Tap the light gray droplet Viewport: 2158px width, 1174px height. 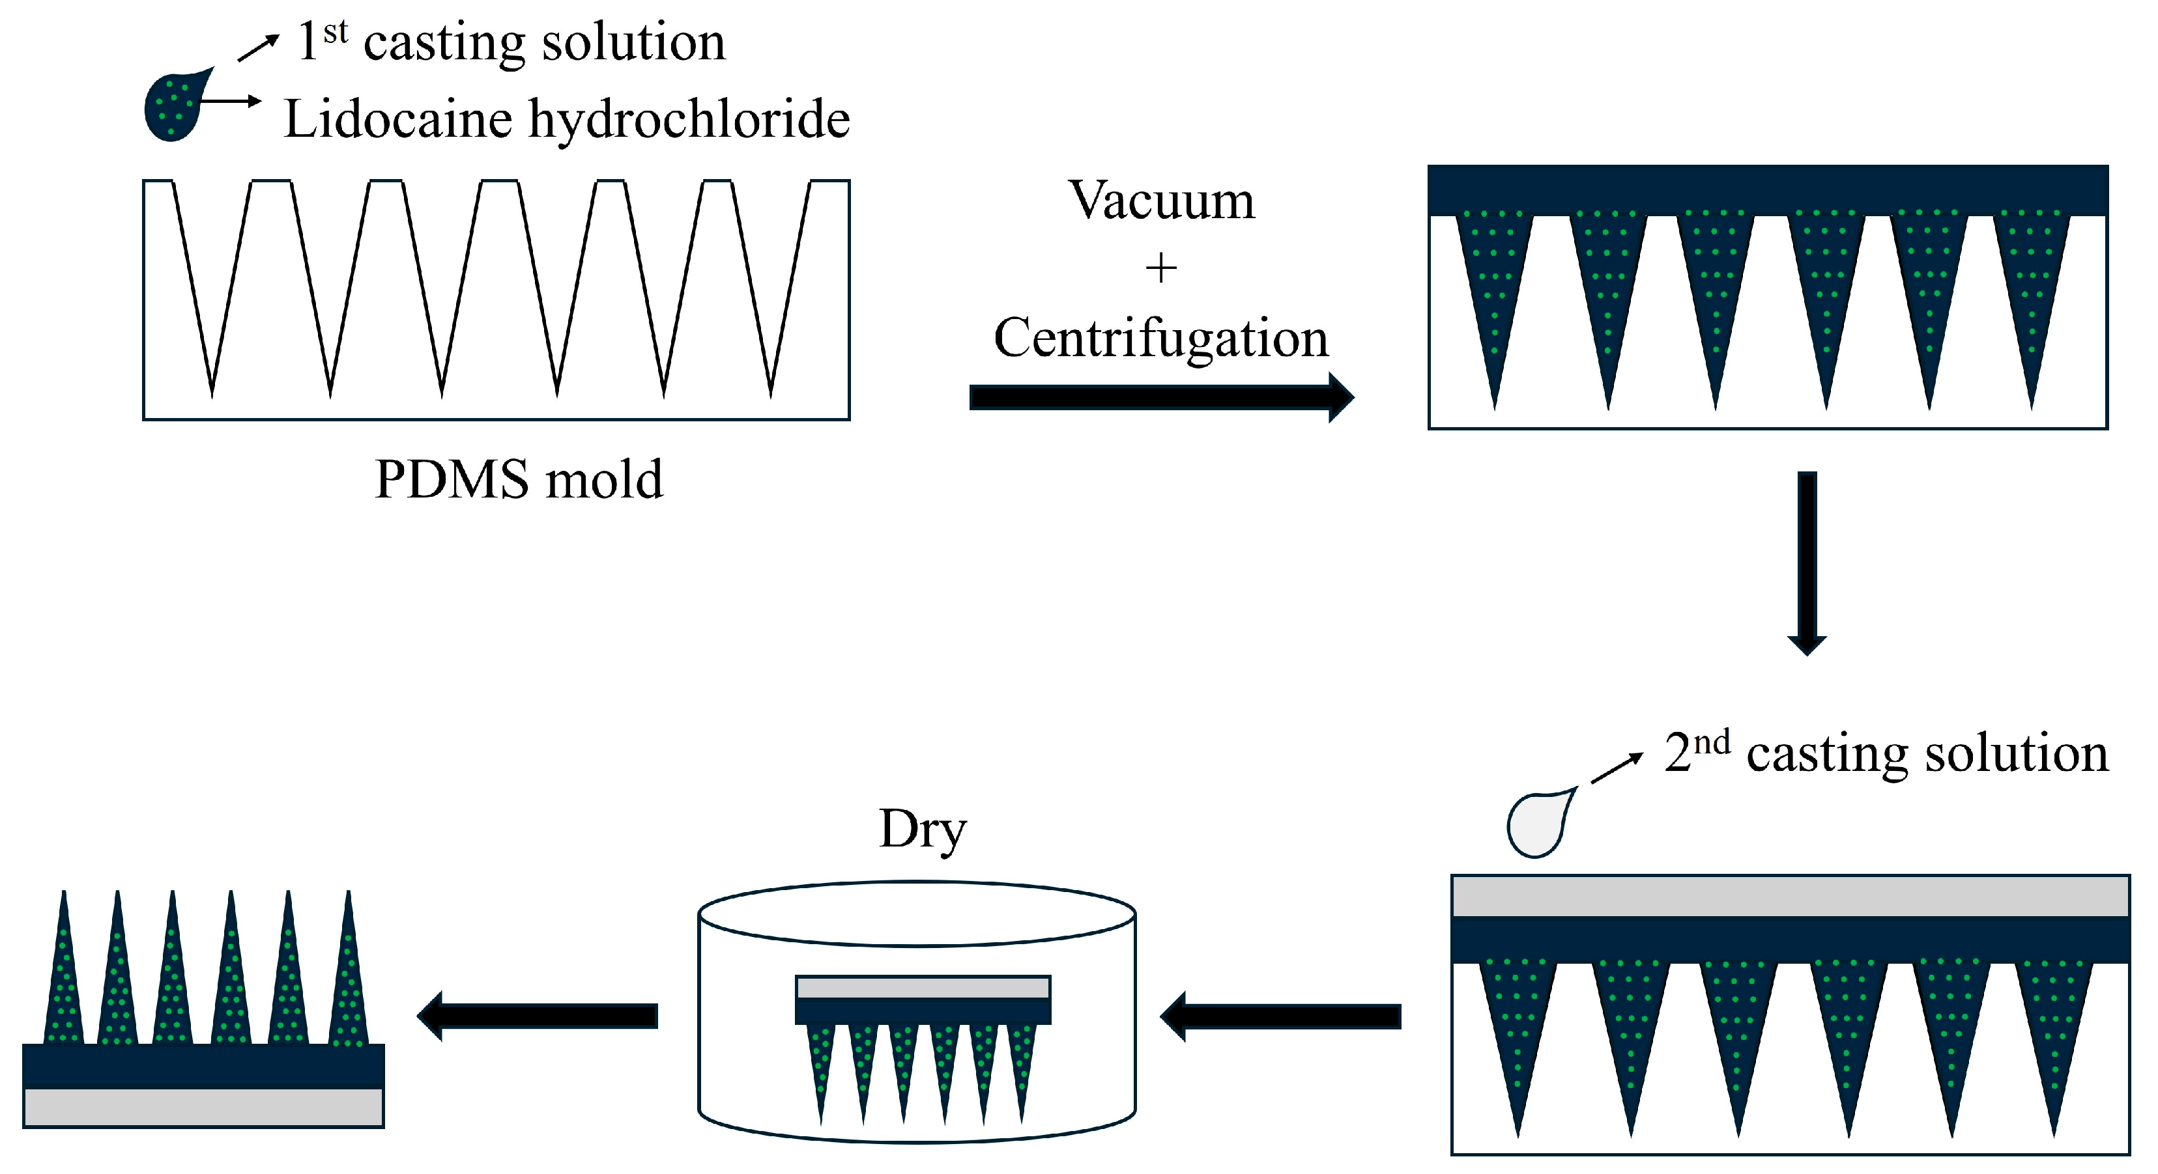coord(1537,826)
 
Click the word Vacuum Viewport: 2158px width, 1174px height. coord(1161,201)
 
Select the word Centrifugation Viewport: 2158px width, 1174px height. coord(1161,339)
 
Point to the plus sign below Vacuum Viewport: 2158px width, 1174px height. coord(1161,269)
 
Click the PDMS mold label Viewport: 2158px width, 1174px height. coord(519,480)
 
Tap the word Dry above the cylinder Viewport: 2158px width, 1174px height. coord(923,829)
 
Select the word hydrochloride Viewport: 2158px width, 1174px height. coord(689,119)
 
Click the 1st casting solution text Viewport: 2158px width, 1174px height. coord(512,42)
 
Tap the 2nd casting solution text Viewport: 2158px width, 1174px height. coord(1886,752)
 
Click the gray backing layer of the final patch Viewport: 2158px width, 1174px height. coord(203,1107)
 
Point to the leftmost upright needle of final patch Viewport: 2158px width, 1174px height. coord(65,980)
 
